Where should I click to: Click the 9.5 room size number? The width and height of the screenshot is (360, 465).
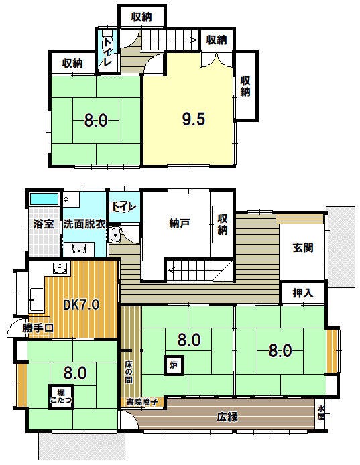(193, 119)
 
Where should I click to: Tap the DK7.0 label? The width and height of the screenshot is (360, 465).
(81, 304)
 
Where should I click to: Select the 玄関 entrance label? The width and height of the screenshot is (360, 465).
(303, 247)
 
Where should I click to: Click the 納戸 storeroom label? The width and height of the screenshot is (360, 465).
(179, 224)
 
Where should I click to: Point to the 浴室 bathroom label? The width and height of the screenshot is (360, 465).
(44, 224)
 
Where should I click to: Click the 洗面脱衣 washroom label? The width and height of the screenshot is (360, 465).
(84, 224)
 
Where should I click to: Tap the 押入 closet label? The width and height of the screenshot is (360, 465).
(303, 293)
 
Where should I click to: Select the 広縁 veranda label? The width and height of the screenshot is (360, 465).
(227, 417)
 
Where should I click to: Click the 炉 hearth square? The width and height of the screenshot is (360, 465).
(174, 365)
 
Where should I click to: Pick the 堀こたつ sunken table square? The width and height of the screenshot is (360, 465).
(61, 397)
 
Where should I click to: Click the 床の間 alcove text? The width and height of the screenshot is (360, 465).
(129, 372)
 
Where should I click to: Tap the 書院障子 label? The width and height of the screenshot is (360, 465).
(142, 402)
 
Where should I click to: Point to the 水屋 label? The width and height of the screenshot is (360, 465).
(320, 413)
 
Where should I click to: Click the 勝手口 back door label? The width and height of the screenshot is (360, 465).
(38, 328)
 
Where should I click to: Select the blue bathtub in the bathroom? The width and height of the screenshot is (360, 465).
(44, 199)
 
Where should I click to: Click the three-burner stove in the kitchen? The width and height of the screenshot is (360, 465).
(62, 268)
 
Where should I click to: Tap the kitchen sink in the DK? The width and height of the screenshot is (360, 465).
(37, 299)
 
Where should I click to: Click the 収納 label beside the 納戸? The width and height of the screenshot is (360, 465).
(223, 224)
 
